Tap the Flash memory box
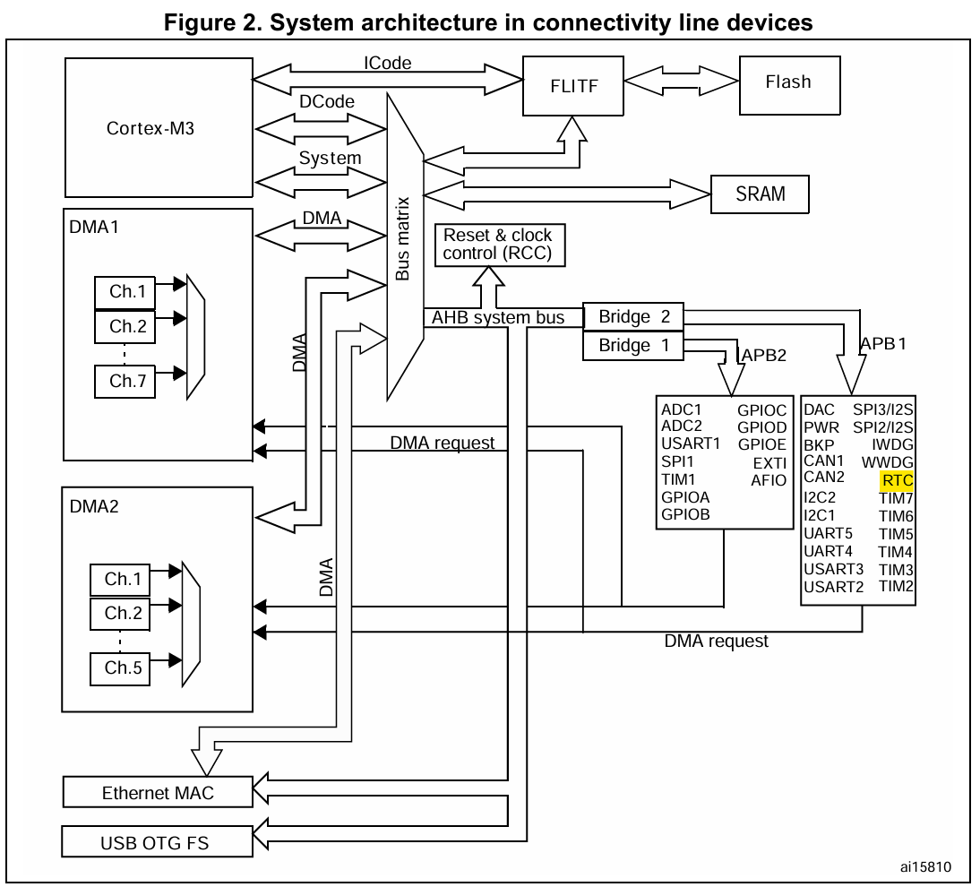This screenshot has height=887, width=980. (788, 82)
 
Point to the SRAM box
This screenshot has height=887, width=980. (760, 194)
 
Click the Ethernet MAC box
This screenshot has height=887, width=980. (158, 792)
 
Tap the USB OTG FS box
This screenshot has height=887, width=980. (158, 841)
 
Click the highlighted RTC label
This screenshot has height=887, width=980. (897, 480)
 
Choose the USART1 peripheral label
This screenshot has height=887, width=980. (690, 443)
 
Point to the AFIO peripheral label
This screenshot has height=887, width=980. (769, 480)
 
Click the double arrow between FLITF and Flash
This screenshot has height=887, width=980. (681, 81)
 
